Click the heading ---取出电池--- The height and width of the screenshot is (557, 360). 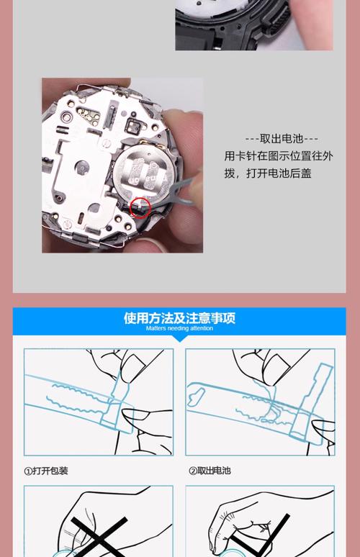click(x=281, y=139)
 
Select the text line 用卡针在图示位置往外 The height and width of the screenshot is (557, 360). click(x=278, y=156)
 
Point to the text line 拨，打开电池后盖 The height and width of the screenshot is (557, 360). click(x=268, y=173)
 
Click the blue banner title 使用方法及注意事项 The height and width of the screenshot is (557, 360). click(x=179, y=317)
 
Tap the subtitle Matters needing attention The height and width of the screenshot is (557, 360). click(x=179, y=328)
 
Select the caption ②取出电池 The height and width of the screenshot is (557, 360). click(x=210, y=471)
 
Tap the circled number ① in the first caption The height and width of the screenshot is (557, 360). click(x=28, y=471)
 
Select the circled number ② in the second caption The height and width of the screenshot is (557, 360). click(x=193, y=471)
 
